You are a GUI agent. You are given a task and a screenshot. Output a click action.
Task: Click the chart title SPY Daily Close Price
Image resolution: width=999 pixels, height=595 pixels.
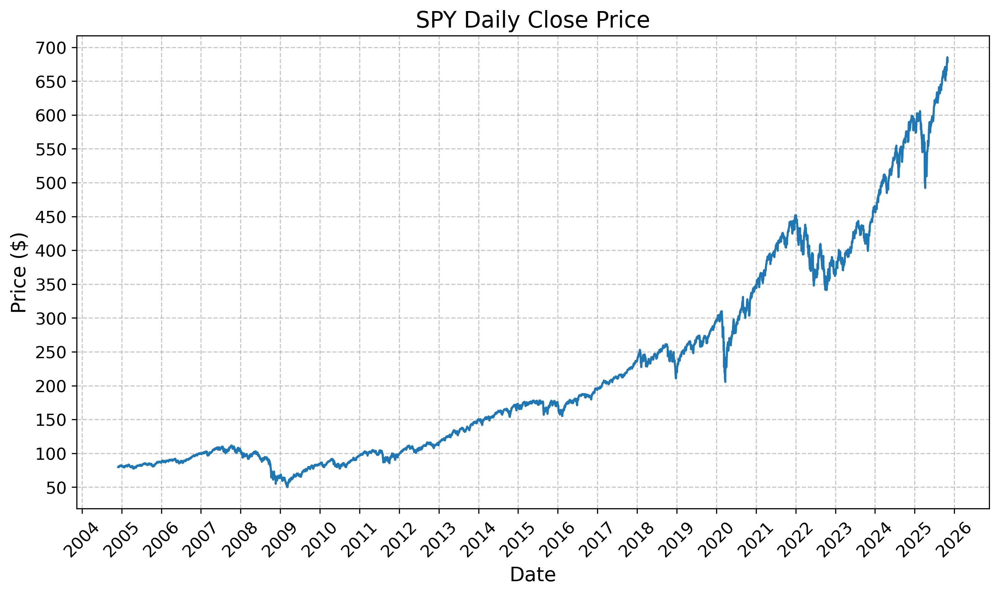point(532,20)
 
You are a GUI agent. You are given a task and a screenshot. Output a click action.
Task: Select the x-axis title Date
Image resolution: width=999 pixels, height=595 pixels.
point(532,574)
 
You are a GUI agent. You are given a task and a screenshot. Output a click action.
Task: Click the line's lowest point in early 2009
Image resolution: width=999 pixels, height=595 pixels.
point(287,486)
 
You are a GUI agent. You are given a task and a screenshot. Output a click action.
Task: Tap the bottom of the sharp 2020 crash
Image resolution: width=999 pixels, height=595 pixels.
point(725,381)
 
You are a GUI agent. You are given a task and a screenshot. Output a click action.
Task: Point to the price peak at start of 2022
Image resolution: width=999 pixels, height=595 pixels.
point(796,215)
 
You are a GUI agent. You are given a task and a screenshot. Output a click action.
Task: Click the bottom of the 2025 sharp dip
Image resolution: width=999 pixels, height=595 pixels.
point(925,188)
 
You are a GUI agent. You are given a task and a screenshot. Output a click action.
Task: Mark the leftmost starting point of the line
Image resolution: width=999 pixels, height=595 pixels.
point(118,467)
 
